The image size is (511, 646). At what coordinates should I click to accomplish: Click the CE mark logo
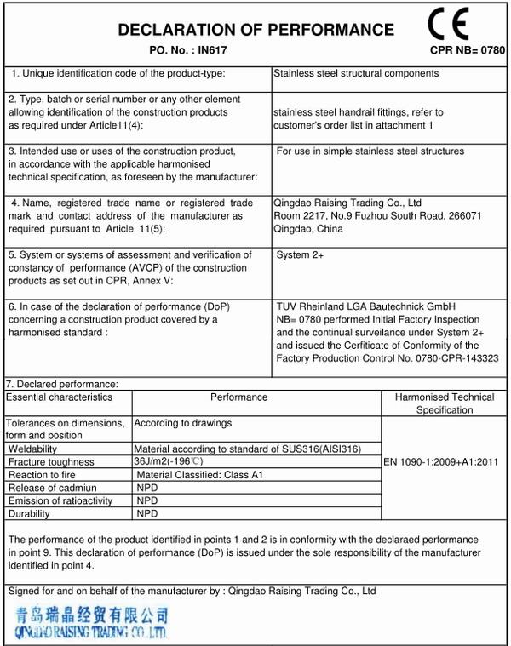point(461,23)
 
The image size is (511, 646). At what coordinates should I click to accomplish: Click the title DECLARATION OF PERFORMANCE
point(255,30)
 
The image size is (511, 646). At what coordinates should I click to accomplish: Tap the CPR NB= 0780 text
point(468,51)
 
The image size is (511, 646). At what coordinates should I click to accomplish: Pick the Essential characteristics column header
point(60,397)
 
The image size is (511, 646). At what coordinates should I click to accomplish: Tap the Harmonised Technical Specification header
point(444,403)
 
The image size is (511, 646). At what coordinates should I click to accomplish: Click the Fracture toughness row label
point(47,461)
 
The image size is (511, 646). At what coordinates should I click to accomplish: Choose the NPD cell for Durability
point(147,514)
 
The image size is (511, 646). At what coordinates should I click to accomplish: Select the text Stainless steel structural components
point(356,73)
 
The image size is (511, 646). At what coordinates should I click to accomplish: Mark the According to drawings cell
point(183,423)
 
